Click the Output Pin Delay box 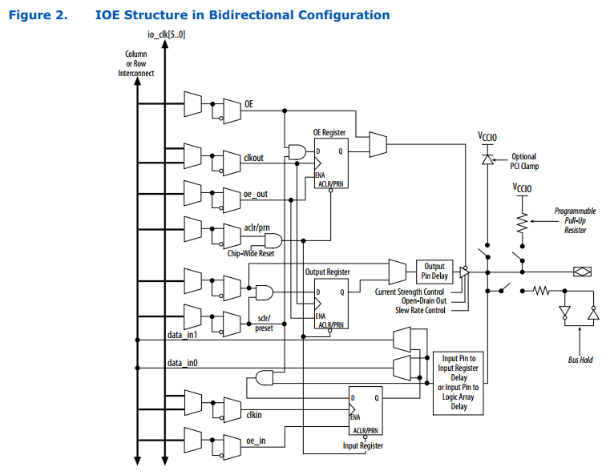click(x=434, y=272)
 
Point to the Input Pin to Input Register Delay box click(x=459, y=383)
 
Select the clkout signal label click(x=254, y=158)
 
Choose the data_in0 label click(x=182, y=364)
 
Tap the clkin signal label click(x=253, y=414)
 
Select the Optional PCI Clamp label click(x=524, y=162)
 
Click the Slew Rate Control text click(x=419, y=310)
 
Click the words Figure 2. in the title click(x=37, y=15)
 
